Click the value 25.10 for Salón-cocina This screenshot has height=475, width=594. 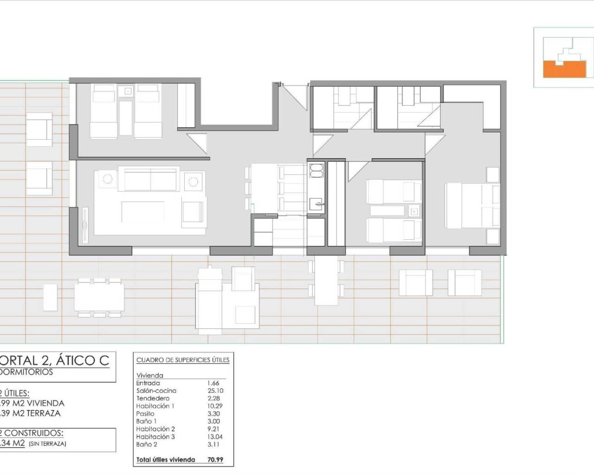[215, 391]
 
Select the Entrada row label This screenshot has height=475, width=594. [148, 383]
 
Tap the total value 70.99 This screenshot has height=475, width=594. [215, 460]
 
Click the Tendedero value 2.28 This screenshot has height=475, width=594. [213, 398]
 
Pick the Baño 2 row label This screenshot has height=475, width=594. [147, 444]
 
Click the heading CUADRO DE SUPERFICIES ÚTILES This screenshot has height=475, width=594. [183, 360]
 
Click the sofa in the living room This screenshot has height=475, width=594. [148, 179]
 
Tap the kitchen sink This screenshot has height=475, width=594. [317, 203]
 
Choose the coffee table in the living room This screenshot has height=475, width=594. [143, 212]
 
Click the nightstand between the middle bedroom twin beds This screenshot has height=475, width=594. [413, 211]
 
